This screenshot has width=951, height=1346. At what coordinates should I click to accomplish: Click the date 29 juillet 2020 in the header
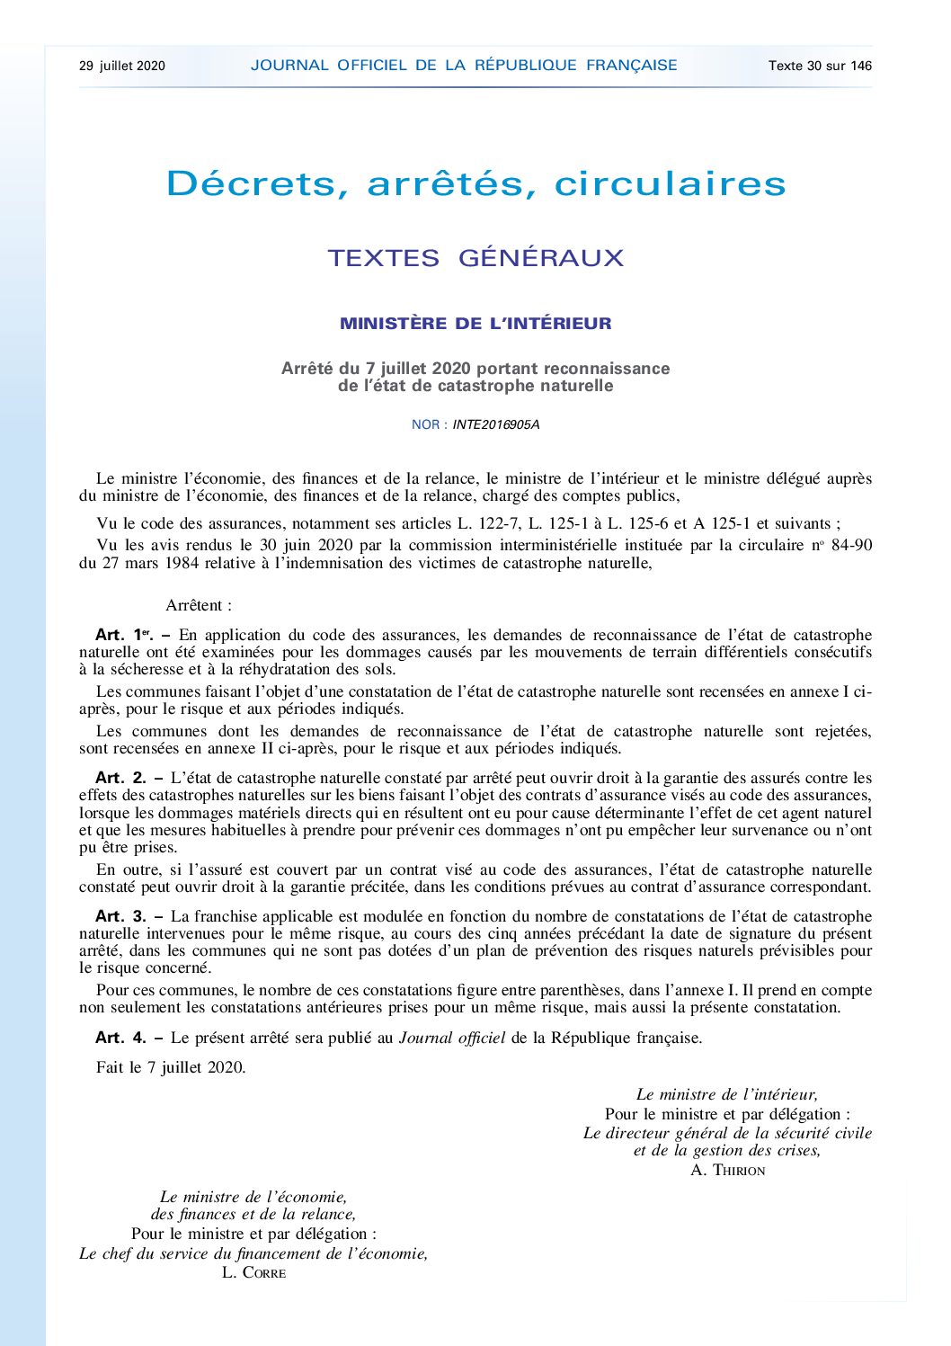[x=122, y=66]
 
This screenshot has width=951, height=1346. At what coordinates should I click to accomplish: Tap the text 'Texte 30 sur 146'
[x=820, y=66]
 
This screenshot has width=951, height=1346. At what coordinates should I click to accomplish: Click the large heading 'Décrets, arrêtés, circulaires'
[x=475, y=183]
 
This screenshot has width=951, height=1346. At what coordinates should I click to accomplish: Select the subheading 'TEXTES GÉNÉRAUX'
[x=475, y=258]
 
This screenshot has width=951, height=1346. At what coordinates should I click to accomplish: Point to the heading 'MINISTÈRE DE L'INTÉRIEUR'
[x=475, y=324]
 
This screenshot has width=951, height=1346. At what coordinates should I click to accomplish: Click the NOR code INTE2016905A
[x=496, y=424]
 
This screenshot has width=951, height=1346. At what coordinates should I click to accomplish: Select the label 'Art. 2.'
[x=120, y=778]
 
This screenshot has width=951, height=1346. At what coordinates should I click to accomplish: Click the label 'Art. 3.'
[x=120, y=916]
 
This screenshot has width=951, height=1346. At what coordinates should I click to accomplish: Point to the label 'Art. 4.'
[x=120, y=1038]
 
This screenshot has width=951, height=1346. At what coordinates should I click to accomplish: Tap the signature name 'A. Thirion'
[x=728, y=1170]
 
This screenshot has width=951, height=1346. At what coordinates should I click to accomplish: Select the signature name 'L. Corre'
[x=253, y=1272]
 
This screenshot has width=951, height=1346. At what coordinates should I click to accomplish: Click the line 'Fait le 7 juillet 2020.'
[x=171, y=1067]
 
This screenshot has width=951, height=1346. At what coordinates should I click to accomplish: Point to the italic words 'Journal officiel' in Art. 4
[x=452, y=1038]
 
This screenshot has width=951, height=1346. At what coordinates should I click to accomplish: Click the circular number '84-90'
[x=851, y=545]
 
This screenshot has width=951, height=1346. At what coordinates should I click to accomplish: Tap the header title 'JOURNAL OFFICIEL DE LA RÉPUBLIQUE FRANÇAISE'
[x=464, y=65]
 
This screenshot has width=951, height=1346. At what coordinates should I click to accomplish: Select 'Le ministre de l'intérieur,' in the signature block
[x=727, y=1094]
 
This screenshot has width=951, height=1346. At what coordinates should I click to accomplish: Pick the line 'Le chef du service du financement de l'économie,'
[x=253, y=1253]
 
